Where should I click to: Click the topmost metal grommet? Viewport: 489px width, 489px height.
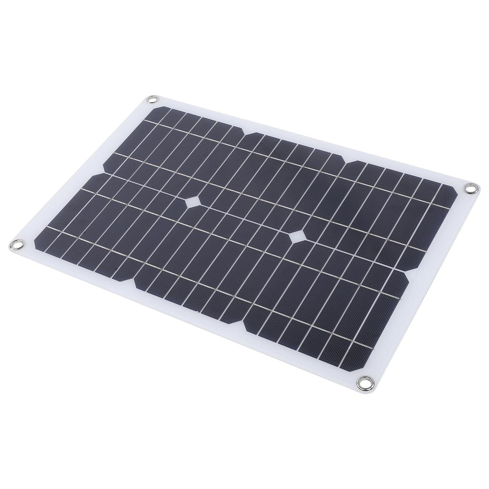click(x=152, y=99)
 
